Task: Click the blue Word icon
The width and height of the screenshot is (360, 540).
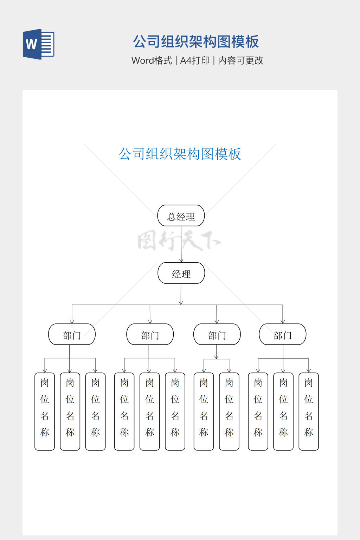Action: coord(38,44)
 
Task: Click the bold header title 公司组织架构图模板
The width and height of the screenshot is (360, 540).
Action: coord(196,41)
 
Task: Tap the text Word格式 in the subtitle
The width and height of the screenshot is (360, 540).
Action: coord(152,60)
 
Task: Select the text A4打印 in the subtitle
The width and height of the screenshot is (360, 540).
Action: coord(195,60)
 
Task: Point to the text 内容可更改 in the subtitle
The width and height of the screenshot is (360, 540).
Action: coord(241,60)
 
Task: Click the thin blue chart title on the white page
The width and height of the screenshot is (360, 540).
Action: coord(180,154)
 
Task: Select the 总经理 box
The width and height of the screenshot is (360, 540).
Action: coord(181,216)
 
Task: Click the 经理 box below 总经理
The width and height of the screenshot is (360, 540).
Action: coord(181,273)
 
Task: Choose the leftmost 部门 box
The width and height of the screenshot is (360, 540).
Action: coord(72,334)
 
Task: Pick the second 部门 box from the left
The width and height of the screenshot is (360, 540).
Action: coord(150,334)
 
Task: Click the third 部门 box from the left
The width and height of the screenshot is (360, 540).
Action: coord(217,334)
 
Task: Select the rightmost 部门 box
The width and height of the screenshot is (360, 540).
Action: coord(282,334)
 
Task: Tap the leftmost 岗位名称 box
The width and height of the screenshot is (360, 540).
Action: coord(45,411)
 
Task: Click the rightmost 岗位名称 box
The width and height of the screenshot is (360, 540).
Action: coord(309,411)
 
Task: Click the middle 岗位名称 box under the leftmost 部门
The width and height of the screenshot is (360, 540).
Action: coord(70,411)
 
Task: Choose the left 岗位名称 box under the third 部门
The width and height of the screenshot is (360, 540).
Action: coord(204,411)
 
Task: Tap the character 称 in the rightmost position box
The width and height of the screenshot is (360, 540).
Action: coord(309,432)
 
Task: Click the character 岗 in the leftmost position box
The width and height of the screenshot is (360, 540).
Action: coord(45,382)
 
